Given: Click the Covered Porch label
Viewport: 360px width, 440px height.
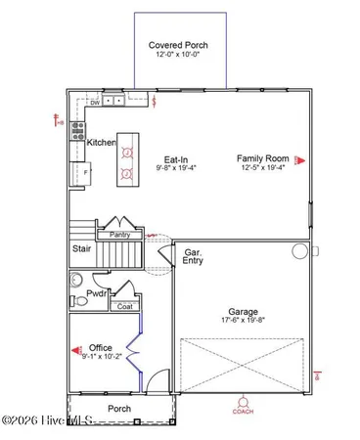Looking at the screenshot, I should click(178, 45).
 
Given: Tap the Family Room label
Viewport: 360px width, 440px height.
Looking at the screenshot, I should click(260, 157).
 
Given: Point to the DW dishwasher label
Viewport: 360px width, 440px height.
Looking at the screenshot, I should click(95, 100).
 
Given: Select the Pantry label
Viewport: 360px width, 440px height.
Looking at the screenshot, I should click(119, 235).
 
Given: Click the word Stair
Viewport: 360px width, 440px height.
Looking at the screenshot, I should click(82, 249).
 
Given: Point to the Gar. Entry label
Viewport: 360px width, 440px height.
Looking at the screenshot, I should click(194, 257).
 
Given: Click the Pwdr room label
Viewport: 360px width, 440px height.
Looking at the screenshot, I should click(97, 292).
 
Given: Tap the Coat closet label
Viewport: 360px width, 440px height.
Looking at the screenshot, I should click(124, 306).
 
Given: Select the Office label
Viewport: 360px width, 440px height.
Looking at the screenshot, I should click(101, 347).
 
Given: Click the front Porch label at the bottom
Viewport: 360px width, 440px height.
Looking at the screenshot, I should click(119, 408).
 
